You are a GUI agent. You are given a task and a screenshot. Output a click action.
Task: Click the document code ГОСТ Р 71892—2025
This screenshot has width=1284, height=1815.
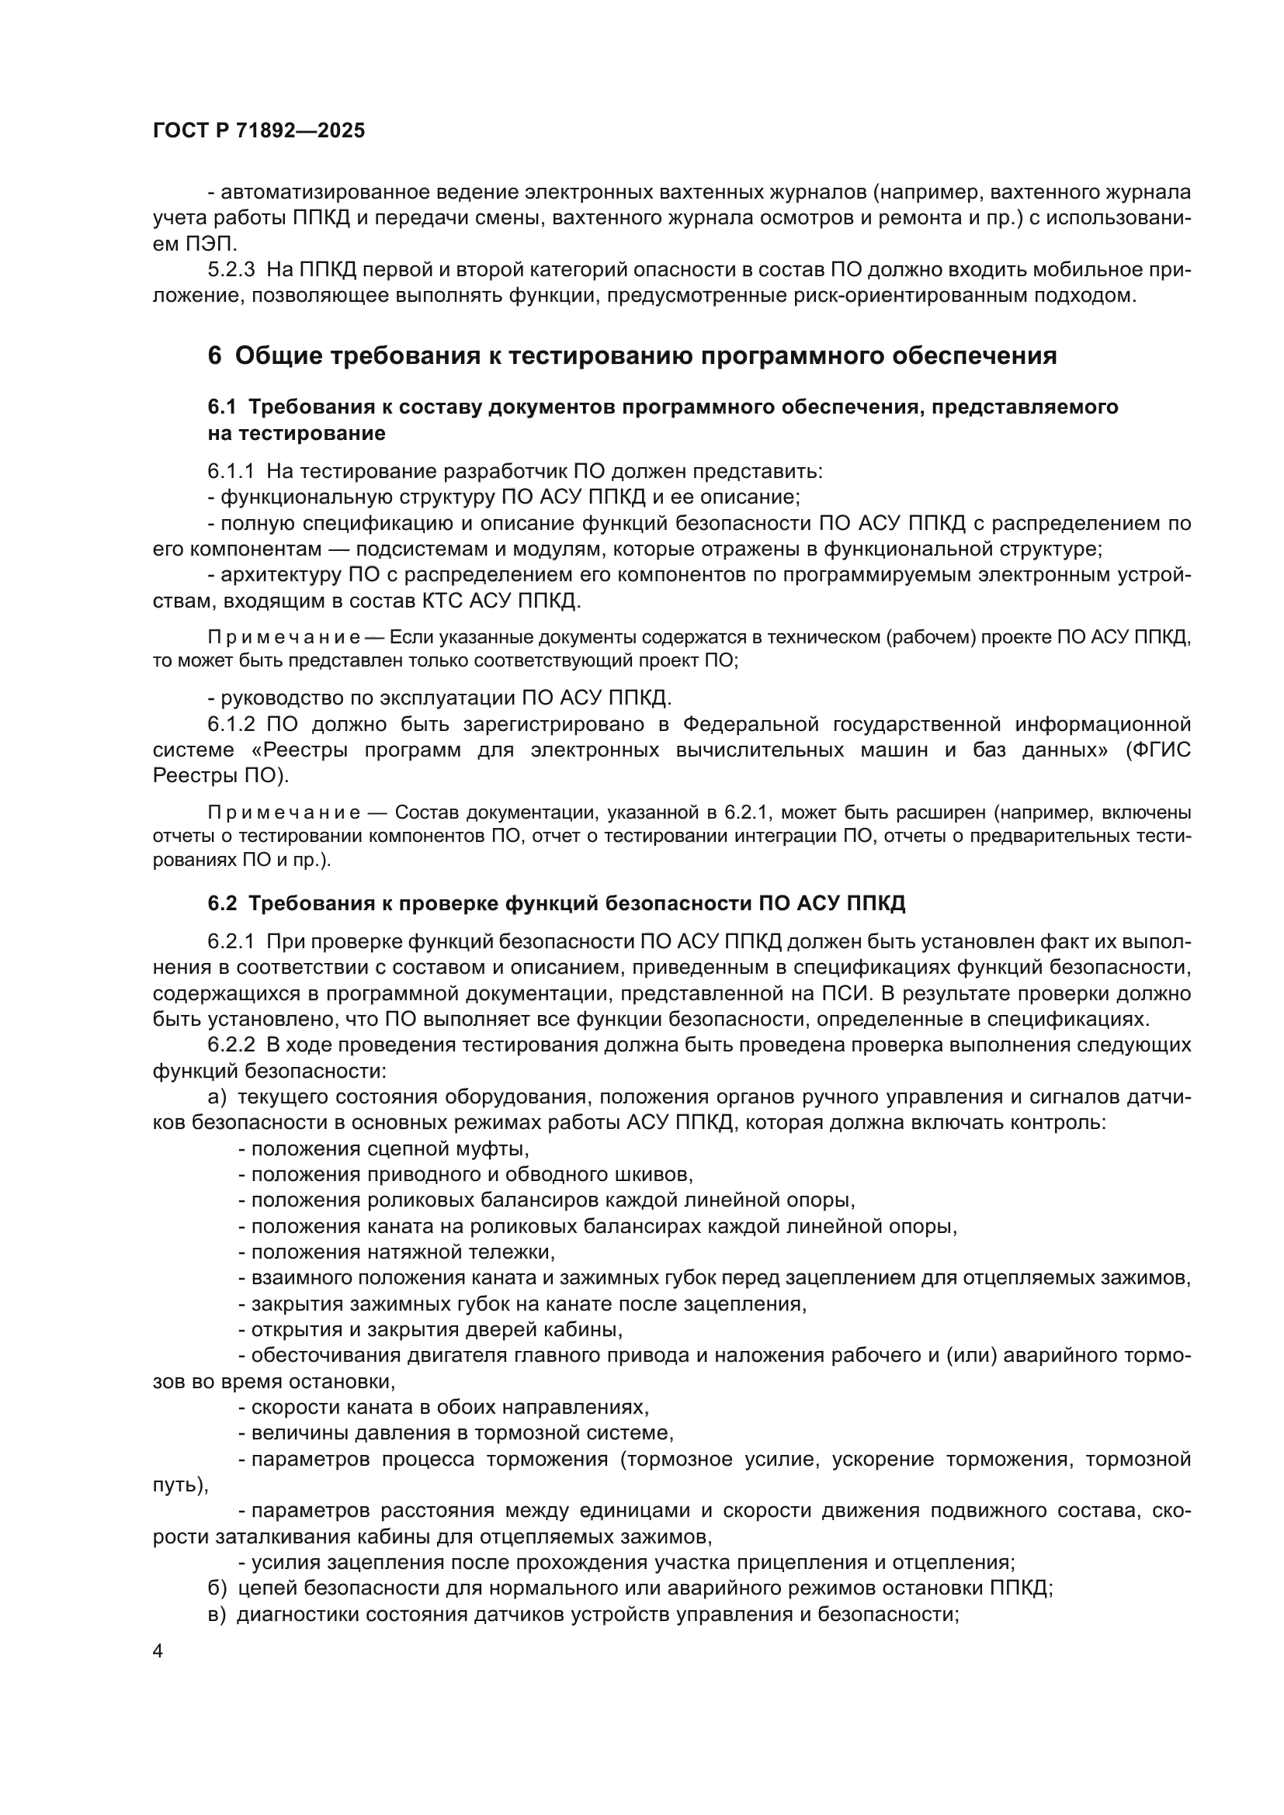(x=259, y=131)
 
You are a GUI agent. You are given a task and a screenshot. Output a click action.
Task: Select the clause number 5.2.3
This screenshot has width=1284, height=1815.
(x=231, y=270)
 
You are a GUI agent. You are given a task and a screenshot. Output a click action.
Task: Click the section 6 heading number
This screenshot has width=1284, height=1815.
(x=214, y=356)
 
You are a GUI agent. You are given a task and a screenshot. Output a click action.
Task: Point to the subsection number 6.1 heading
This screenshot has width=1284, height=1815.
(x=222, y=407)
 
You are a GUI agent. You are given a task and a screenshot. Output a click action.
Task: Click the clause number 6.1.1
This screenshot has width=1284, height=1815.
(x=231, y=472)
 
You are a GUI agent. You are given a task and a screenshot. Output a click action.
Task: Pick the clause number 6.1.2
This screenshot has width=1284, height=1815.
(x=231, y=724)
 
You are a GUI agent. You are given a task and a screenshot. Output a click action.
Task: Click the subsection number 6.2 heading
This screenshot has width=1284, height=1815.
(x=222, y=903)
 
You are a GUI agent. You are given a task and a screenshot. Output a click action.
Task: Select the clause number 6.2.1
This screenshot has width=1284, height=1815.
(x=231, y=941)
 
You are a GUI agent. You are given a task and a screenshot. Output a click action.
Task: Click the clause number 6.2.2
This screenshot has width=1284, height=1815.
(x=231, y=1045)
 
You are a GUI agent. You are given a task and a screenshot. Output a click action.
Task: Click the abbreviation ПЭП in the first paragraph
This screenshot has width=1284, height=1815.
(x=210, y=244)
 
